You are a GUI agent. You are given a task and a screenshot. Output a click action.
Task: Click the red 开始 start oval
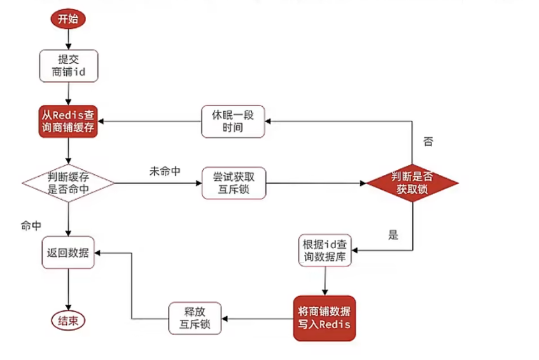coord(68,19)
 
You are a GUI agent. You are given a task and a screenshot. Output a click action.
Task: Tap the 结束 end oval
coord(68,322)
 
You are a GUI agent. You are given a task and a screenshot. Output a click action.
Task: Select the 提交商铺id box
coord(68,66)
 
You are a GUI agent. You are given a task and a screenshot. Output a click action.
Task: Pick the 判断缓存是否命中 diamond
coord(68,183)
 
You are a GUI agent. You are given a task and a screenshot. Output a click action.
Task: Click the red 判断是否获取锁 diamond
coord(412,183)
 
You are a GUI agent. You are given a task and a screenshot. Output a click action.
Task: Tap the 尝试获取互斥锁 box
coord(234,183)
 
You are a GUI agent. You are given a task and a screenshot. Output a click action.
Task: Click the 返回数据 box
coord(68,253)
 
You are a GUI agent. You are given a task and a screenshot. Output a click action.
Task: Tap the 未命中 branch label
coord(164,171)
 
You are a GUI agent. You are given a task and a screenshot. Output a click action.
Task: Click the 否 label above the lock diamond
coord(428,141)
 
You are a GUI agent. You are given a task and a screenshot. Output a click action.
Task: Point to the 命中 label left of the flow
coord(31,226)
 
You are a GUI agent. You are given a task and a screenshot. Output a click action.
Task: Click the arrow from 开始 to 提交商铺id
coord(68,39)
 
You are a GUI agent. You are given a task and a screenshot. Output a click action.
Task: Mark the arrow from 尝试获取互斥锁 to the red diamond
coord(316,183)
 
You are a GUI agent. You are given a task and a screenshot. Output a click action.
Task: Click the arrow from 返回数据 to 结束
coord(68,289)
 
